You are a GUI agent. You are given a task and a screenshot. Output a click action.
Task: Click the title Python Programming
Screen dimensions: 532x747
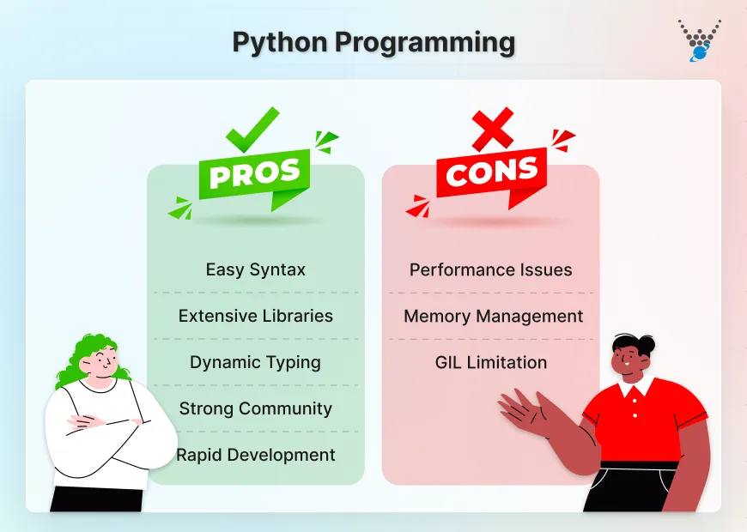pos(373,42)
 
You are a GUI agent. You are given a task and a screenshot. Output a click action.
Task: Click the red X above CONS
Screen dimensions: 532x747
pos(492,130)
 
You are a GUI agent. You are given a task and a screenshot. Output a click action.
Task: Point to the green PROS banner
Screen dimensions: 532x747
pos(255,174)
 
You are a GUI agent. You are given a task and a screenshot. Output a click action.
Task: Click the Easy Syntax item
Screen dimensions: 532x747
pos(255,269)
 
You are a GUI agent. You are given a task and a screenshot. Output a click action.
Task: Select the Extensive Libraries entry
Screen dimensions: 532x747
pos(255,316)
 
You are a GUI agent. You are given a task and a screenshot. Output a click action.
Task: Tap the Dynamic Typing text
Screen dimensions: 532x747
pos(255,362)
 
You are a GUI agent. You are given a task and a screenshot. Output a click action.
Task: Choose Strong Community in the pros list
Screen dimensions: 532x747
pos(255,408)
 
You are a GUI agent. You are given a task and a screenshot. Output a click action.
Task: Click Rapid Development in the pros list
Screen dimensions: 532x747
pos(255,455)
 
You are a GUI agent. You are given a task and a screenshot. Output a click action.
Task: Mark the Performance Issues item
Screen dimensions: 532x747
pos(490,269)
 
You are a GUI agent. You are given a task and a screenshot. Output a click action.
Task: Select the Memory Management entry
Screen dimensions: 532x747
pos(493,316)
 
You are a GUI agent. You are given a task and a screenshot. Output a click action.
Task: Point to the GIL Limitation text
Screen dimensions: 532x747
pos(490,362)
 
